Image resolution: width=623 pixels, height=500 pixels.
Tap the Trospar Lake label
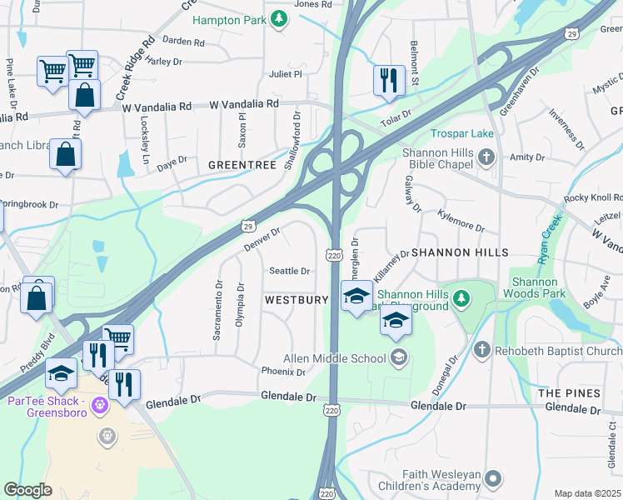462,133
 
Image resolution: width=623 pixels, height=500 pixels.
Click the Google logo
27,490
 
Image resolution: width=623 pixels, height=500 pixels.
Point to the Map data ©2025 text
587,493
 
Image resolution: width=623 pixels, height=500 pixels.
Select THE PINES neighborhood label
569,392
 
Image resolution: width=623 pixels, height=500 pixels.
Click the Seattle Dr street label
289,271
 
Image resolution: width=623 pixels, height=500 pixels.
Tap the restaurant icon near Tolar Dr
389,81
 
